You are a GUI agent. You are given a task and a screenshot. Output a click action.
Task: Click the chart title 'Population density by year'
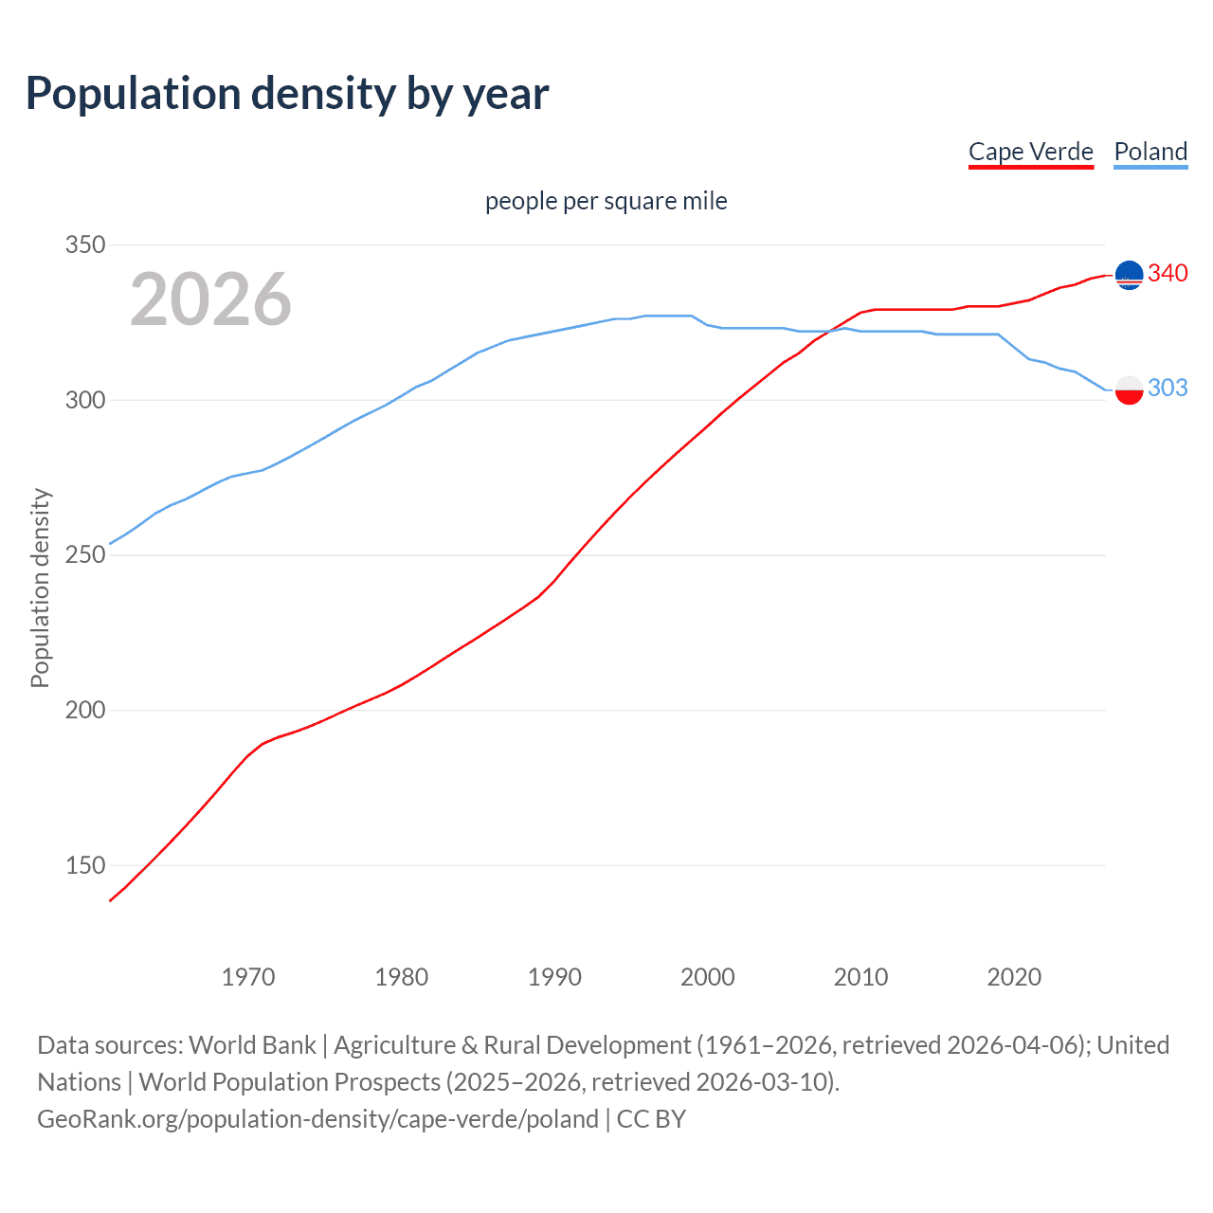pos(287,94)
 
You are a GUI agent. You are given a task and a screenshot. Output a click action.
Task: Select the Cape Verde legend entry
pos(1030,152)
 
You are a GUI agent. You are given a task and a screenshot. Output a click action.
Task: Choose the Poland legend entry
pos(1150,152)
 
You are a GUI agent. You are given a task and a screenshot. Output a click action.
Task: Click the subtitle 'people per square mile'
pos(606,201)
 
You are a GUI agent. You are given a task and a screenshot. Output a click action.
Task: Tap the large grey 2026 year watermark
pos(210,299)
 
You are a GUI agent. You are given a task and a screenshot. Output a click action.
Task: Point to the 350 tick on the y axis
pos(84,244)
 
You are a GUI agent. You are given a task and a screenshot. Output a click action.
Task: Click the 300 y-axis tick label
pos(84,400)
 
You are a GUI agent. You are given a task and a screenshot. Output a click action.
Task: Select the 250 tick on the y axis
pos(84,554)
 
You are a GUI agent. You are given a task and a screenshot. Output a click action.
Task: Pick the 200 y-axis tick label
pos(84,710)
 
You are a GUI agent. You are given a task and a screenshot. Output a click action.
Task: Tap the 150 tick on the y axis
pos(84,865)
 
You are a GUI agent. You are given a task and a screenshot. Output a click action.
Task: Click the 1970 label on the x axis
pos(248,977)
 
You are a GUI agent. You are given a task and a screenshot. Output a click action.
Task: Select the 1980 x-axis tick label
pos(402,977)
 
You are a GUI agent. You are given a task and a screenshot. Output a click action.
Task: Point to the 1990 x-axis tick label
pos(554,977)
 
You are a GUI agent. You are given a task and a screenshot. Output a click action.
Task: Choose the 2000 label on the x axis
pos(708,977)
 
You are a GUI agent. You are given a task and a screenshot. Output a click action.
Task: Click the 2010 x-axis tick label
pos(860,977)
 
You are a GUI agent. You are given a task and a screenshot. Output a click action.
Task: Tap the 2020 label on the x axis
pos(1014,977)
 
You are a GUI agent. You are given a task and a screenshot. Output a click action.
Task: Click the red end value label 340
pos(1168,274)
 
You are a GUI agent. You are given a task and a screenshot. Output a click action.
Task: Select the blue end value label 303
pos(1168,388)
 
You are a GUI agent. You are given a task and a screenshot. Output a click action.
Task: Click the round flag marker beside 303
pos(1129,389)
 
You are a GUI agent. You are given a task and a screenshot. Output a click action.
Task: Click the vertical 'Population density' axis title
pos(40,588)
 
